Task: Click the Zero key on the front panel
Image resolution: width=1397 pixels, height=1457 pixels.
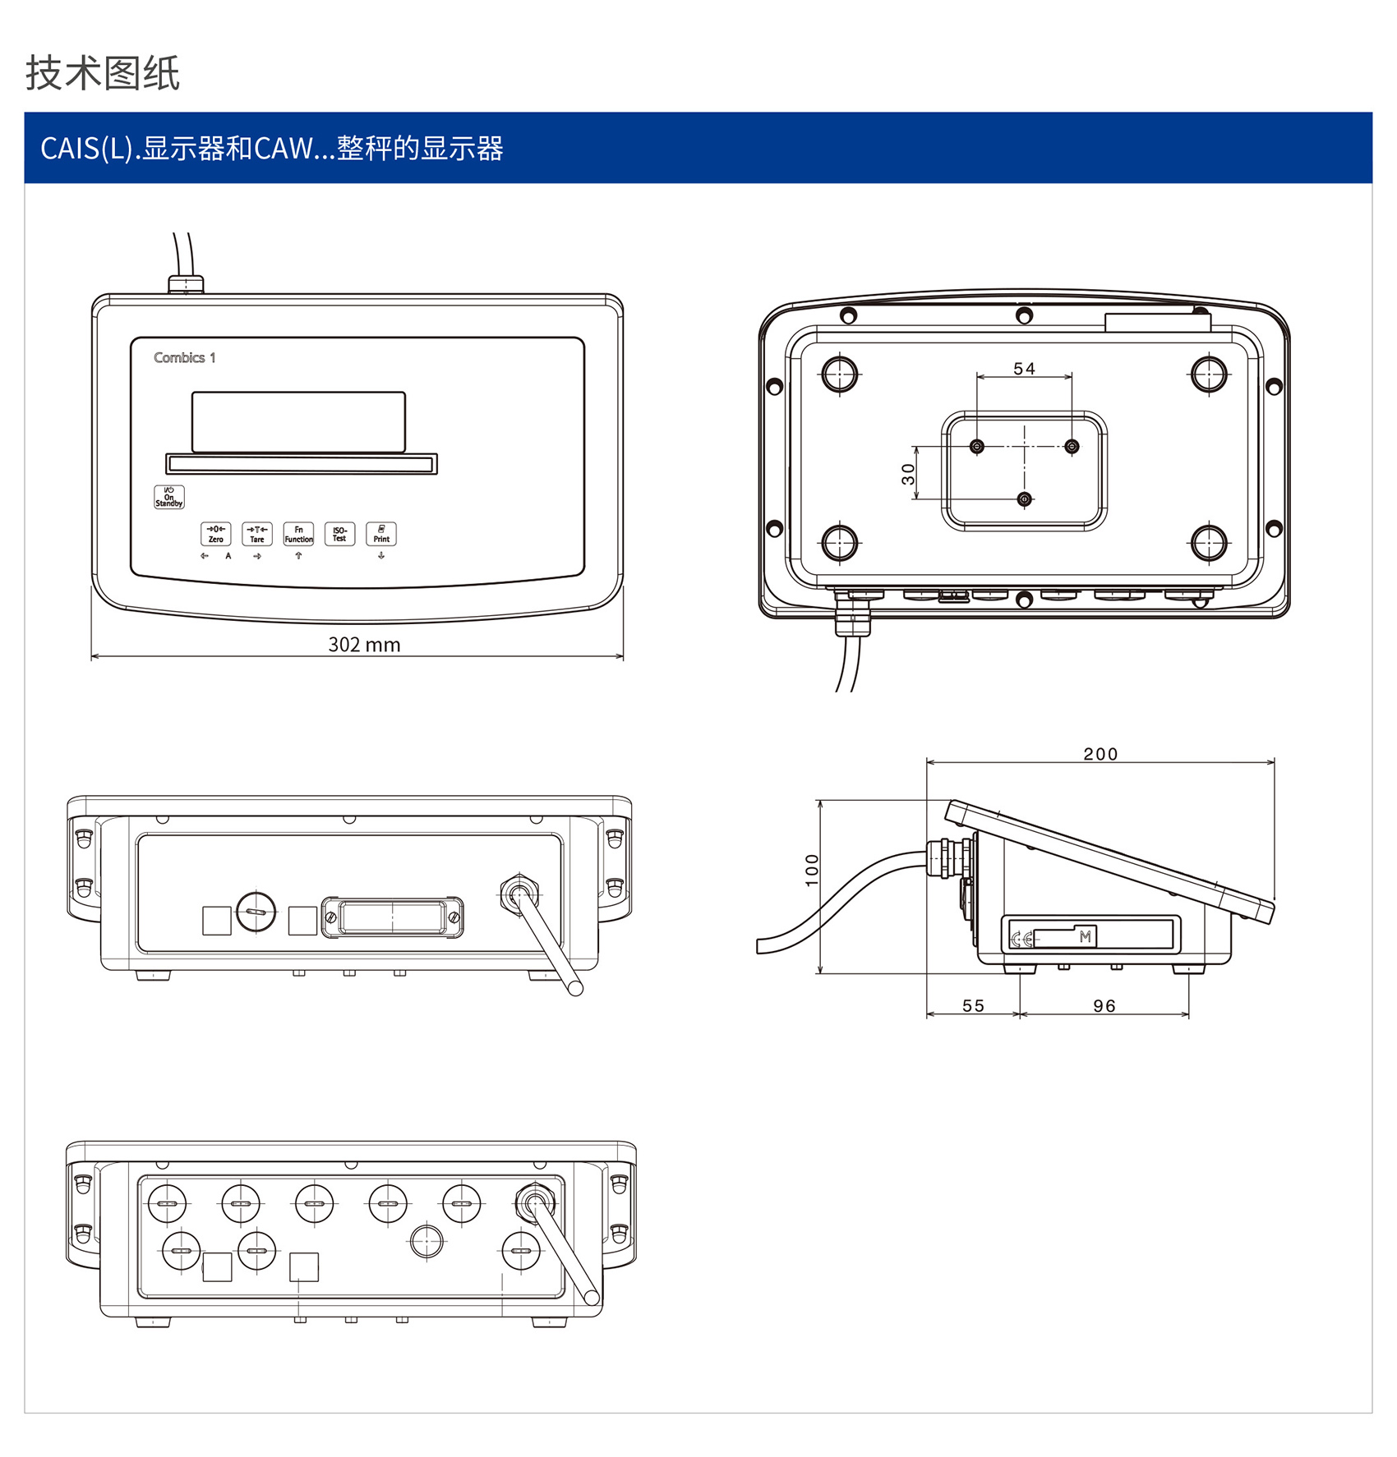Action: point(215,534)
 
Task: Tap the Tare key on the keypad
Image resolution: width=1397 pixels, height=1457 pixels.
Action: point(257,534)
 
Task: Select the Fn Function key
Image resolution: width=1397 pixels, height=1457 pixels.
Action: point(298,534)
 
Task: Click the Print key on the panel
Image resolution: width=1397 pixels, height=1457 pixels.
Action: point(381,534)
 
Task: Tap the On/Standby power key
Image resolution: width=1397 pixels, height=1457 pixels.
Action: point(169,497)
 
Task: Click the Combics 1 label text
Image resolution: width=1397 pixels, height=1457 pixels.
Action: point(185,358)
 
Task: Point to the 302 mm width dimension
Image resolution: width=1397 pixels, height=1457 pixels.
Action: point(364,645)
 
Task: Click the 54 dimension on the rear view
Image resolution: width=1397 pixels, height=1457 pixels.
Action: point(1024,369)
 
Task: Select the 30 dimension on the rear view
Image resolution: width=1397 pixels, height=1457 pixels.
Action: point(908,474)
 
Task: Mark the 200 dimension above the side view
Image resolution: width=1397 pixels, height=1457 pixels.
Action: point(1100,754)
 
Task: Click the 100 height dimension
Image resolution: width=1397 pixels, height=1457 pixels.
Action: point(812,871)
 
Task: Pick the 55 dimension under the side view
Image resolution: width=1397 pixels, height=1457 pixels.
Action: point(973,1006)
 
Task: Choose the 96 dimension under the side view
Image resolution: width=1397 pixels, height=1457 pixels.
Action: point(1104,1006)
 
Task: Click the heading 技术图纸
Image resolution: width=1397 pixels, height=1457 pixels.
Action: point(103,73)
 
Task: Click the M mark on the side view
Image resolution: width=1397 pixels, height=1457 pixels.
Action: point(1085,936)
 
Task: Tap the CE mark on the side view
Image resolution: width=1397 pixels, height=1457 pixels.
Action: point(1021,939)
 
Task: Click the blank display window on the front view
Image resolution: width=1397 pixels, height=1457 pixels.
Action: point(298,422)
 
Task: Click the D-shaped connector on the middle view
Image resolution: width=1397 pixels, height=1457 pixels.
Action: point(392,917)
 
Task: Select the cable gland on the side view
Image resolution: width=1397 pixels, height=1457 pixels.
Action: point(947,858)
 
